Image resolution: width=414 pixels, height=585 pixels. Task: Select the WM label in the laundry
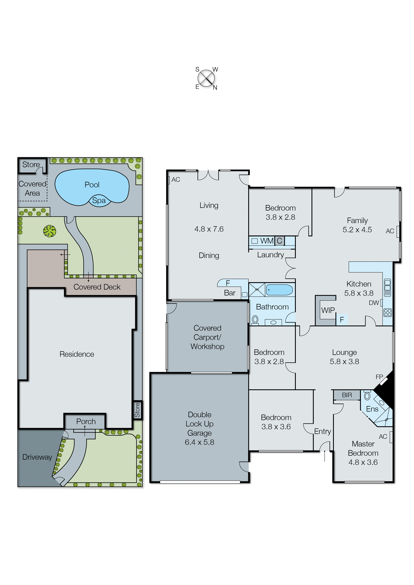pyautogui.click(x=267, y=241)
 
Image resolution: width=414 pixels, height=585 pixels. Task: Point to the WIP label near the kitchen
pyautogui.click(x=328, y=310)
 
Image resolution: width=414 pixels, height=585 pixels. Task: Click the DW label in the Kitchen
pyautogui.click(x=374, y=303)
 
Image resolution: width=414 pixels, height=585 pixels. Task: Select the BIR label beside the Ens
pyautogui.click(x=347, y=395)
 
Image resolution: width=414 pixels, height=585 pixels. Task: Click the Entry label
pyautogui.click(x=323, y=431)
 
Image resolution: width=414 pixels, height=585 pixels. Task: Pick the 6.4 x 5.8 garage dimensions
pyautogui.click(x=199, y=442)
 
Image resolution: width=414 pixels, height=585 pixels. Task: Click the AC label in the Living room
pyautogui.click(x=176, y=180)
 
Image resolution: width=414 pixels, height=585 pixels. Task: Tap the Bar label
pyautogui.click(x=229, y=293)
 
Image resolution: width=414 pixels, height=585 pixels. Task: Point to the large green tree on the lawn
pyautogui.click(x=49, y=231)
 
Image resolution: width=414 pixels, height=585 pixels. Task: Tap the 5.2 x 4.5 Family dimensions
pyautogui.click(x=357, y=230)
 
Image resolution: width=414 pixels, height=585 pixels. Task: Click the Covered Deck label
pyautogui.click(x=97, y=287)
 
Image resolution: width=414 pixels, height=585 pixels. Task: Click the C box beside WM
pyautogui.click(x=279, y=241)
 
